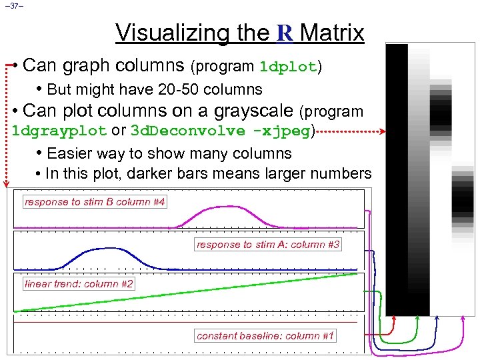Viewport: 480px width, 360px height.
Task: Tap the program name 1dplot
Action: [289, 67]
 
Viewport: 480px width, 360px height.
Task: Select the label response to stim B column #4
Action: [95, 201]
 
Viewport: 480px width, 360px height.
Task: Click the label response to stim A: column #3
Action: [268, 245]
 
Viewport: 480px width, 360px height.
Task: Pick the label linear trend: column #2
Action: [79, 284]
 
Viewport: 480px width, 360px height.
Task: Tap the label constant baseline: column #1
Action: [265, 335]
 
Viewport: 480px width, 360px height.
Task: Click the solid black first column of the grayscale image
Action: [397, 180]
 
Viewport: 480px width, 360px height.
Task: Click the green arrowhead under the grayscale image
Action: [417, 319]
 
